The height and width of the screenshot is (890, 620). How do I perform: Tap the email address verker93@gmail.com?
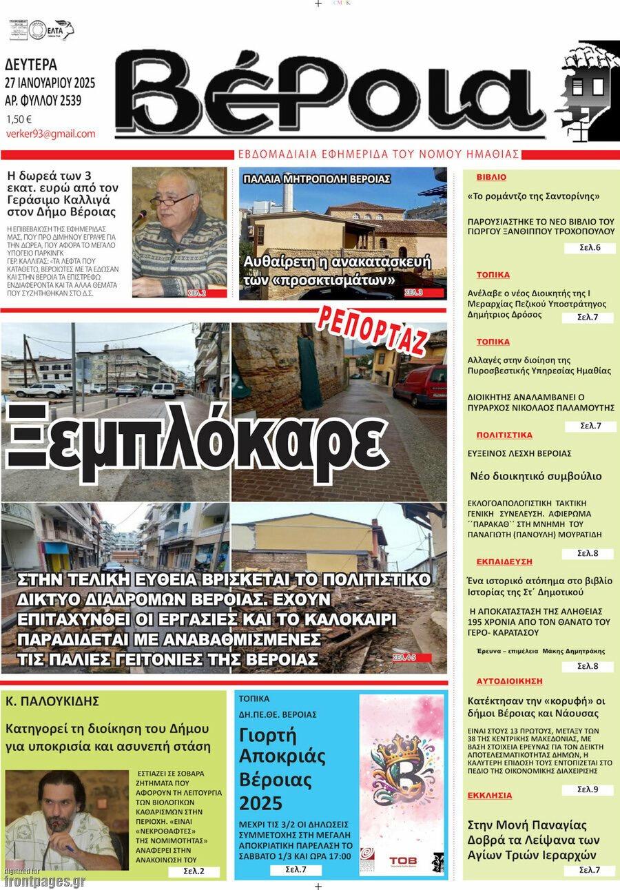[x=50, y=134]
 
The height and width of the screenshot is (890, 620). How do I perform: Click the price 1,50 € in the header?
[x=19, y=118]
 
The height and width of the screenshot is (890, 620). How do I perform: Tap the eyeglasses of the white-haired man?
[x=171, y=200]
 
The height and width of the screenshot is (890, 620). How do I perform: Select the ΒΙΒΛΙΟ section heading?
[x=490, y=177]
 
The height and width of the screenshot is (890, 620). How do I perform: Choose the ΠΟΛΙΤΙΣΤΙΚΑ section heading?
[x=504, y=435]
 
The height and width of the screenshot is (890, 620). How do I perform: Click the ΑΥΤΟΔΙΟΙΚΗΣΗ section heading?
[x=509, y=681]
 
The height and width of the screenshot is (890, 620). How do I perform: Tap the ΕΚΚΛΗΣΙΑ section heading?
[x=489, y=795]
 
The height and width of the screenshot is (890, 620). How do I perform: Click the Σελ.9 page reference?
[x=587, y=789]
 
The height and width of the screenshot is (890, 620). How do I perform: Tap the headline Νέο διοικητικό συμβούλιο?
[x=535, y=476]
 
